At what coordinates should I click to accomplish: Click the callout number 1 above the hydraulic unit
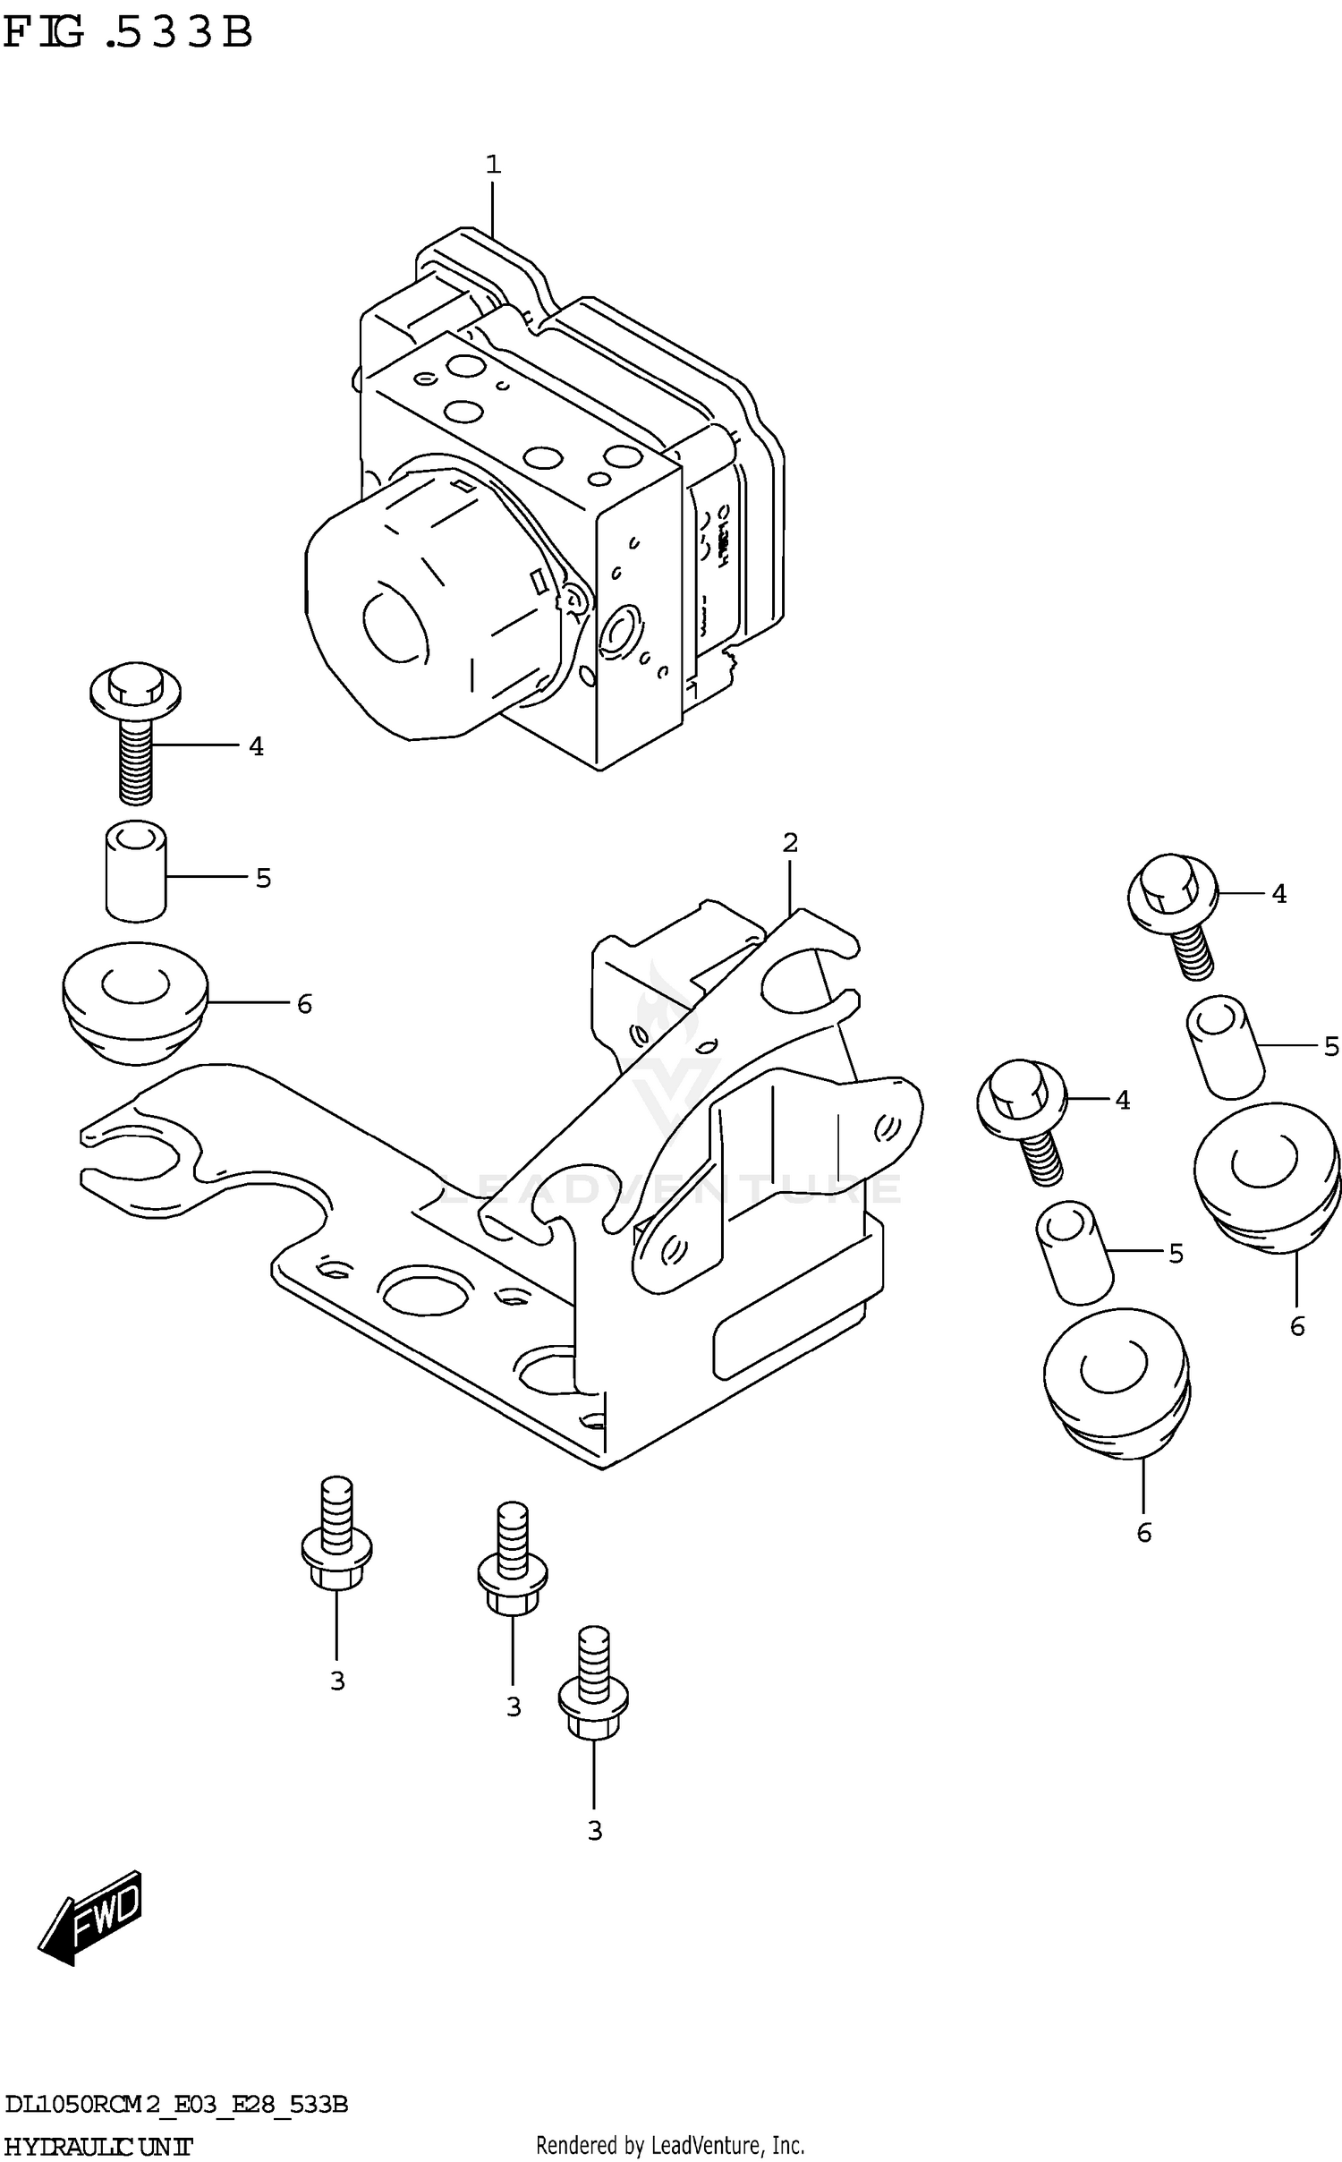493,165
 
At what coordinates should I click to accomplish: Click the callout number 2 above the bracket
789,842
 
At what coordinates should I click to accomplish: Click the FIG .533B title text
127,34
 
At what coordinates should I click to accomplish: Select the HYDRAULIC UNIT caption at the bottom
98,2146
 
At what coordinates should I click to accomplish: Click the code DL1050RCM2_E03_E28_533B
175,2105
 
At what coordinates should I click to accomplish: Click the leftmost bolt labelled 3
335,1537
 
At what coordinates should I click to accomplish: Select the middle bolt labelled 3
512,1562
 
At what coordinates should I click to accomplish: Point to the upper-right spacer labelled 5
1225,1047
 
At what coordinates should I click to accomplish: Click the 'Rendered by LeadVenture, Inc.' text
670,2146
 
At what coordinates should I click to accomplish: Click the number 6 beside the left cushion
304,1005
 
